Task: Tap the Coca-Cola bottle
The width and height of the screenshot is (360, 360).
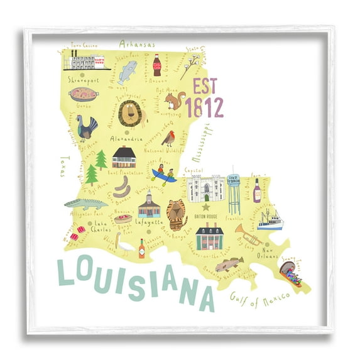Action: (157, 65)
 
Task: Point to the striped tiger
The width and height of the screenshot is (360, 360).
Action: (177, 214)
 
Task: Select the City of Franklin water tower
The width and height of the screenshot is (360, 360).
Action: (234, 192)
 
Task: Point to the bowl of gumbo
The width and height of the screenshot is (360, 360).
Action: (84, 95)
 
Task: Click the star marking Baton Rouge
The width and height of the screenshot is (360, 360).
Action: (204, 205)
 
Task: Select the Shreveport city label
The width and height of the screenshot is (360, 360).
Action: (84, 80)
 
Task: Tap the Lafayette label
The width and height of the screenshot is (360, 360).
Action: (149, 222)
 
